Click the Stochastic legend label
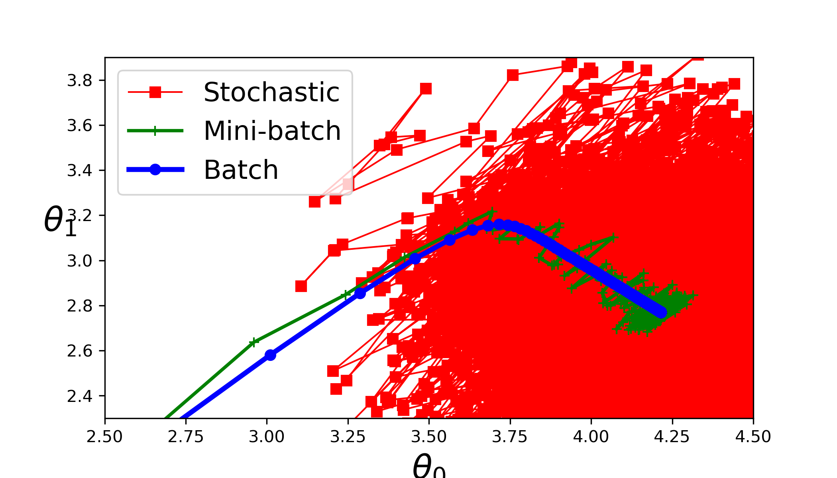271,92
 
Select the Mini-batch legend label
272,131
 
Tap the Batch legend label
241,170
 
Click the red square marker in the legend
155,92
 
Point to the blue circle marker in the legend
155,170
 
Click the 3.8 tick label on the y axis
79,81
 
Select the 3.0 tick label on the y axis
79,261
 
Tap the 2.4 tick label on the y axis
79,396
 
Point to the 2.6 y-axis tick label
79,351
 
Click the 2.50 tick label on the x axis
105,437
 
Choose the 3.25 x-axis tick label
348,437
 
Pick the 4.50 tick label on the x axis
753,437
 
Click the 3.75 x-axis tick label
510,437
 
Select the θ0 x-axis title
429,466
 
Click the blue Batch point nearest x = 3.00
270,355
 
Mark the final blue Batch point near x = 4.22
661,313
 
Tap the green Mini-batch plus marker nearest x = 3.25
346,295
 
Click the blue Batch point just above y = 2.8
360,293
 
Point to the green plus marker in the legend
155,131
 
